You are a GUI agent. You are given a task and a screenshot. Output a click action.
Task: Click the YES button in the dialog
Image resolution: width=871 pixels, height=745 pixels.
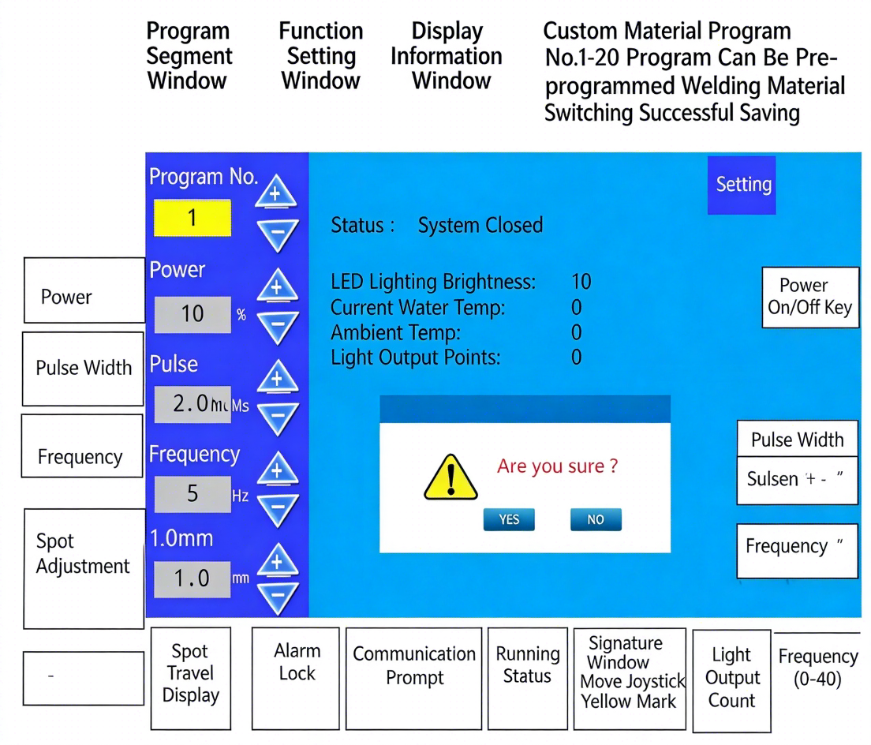(x=509, y=519)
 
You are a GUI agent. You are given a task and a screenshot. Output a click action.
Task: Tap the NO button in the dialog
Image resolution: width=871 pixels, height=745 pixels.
(x=596, y=519)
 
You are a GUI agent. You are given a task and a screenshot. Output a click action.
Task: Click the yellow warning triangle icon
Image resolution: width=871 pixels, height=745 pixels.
(x=450, y=477)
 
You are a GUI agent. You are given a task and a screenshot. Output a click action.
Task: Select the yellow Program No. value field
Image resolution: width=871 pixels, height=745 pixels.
(x=192, y=218)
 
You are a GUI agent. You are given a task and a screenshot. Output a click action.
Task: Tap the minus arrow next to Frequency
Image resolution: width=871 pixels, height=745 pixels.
(x=277, y=509)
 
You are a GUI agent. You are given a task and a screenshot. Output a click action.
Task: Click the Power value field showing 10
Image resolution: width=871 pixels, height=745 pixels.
(x=193, y=314)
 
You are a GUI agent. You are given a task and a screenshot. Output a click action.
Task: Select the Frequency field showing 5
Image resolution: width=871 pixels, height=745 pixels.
(x=193, y=494)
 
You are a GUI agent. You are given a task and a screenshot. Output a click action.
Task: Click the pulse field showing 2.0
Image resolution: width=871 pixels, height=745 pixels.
(x=193, y=405)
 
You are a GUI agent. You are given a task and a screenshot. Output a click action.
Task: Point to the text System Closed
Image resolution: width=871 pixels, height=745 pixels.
(x=480, y=226)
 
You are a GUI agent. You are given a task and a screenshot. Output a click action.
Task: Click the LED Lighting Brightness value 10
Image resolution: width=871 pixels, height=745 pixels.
(x=581, y=282)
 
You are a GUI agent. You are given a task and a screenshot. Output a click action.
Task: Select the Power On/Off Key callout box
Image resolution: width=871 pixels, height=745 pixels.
(x=809, y=297)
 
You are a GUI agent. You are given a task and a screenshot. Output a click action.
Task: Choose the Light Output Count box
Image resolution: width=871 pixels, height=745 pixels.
(x=731, y=678)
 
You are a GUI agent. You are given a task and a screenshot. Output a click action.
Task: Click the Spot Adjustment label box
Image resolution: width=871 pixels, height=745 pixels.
(x=84, y=567)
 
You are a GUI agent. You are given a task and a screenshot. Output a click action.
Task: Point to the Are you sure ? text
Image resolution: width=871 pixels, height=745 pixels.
(x=557, y=466)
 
